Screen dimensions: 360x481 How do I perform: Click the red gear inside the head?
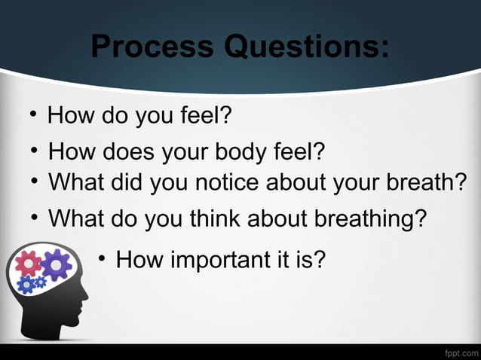coord(29,263)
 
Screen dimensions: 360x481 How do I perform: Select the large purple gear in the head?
coord(55,264)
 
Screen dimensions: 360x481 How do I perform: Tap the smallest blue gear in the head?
coord(40,282)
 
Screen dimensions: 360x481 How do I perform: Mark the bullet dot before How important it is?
coord(102,260)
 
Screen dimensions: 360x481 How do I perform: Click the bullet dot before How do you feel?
coord(34,115)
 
